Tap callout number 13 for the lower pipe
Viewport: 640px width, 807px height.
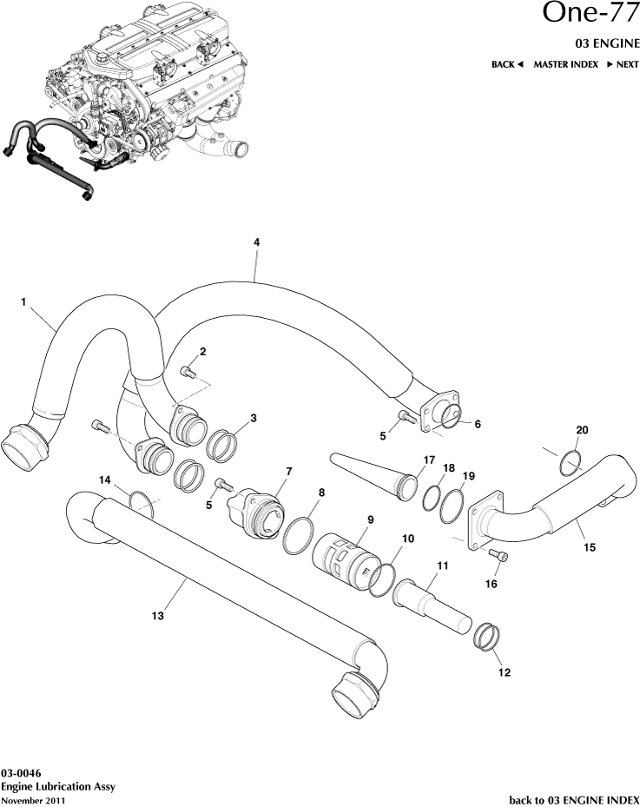(x=156, y=615)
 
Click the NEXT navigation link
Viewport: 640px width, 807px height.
(x=623, y=64)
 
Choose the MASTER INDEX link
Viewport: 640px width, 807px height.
(x=565, y=64)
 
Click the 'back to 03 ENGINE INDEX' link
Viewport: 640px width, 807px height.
(x=573, y=797)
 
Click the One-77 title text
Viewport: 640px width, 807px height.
(x=591, y=14)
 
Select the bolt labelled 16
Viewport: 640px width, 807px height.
(x=499, y=555)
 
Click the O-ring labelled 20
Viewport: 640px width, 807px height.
(x=568, y=462)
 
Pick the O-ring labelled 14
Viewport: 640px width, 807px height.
(x=141, y=500)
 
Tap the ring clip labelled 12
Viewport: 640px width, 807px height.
(x=487, y=639)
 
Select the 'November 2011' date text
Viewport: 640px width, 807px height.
(x=32, y=798)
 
